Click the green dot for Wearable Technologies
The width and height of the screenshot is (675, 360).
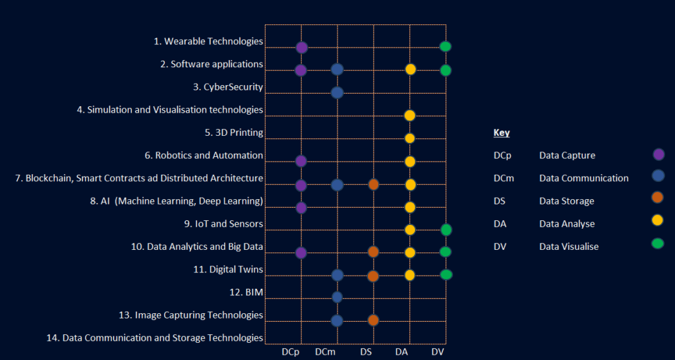(x=445, y=46)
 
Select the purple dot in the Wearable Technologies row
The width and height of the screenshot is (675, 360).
(x=301, y=47)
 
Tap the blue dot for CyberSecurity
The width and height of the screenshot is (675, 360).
(x=337, y=92)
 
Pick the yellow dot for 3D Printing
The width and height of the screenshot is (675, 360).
(x=409, y=138)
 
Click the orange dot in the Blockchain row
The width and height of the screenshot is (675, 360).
(x=373, y=185)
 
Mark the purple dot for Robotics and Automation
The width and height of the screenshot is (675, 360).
(x=301, y=161)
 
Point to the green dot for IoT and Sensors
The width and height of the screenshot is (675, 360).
(x=446, y=229)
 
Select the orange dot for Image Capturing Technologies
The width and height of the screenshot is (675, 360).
(x=373, y=320)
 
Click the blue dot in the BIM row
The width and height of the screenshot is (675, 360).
(x=337, y=297)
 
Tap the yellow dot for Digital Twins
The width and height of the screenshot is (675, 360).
(x=409, y=275)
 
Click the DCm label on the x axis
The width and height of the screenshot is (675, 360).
(x=325, y=353)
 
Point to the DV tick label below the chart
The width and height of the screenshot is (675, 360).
(x=438, y=353)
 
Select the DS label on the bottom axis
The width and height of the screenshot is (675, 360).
(x=366, y=353)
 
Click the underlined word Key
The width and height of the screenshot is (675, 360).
(x=502, y=133)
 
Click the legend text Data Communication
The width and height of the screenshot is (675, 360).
(x=583, y=178)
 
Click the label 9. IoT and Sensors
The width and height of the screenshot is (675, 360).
(x=223, y=224)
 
